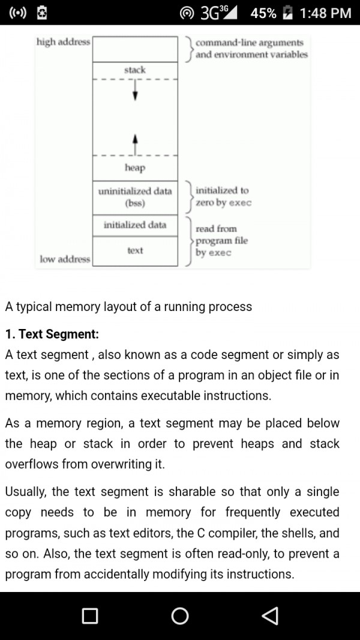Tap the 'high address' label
pyautogui.click(x=63, y=42)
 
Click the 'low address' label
pyautogui.click(x=64, y=259)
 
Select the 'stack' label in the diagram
pyautogui.click(x=135, y=70)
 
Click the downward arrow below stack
pyautogui.click(x=135, y=91)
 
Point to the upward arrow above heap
pyautogui.click(x=135, y=143)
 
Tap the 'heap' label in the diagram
pyautogui.click(x=135, y=168)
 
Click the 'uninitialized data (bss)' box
pyautogui.click(x=135, y=197)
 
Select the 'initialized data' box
pyautogui.click(x=135, y=225)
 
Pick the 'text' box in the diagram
pyautogui.click(x=135, y=250)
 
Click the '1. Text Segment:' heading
pyautogui.click(x=52, y=334)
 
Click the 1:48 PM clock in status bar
pyautogui.click(x=325, y=13)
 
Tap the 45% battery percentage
pyautogui.click(x=263, y=13)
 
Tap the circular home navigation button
pyautogui.click(x=180, y=615)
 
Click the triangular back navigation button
pyautogui.click(x=270, y=615)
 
